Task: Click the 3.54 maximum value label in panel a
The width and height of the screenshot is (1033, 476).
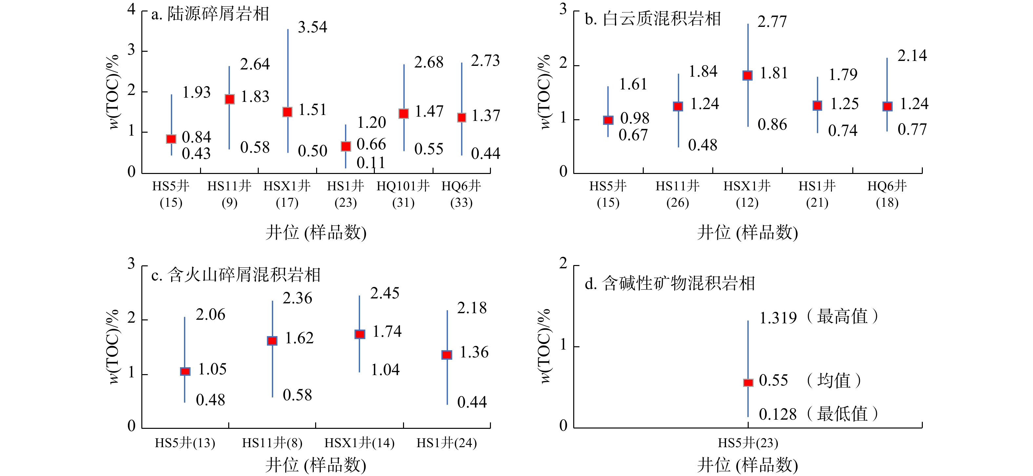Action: (313, 27)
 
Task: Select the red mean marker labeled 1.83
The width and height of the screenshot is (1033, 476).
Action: (229, 99)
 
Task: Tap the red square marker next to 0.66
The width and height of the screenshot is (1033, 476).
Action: (346, 146)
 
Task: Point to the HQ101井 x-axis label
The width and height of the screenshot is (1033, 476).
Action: (403, 186)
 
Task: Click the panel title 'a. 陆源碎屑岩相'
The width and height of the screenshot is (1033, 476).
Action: (210, 14)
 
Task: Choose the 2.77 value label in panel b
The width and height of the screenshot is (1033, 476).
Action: (772, 22)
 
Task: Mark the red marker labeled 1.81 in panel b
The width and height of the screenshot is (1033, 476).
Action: (747, 75)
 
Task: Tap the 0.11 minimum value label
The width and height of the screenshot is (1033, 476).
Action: (371, 163)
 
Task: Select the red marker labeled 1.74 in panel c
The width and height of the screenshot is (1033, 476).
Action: (360, 334)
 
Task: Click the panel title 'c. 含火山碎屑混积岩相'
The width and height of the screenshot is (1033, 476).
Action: (236, 275)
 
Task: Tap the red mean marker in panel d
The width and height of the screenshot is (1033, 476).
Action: (748, 383)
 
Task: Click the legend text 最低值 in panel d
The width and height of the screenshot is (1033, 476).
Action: (842, 414)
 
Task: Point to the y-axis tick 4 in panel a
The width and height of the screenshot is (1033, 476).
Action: (132, 9)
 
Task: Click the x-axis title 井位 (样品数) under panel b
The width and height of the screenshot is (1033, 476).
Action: (747, 232)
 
